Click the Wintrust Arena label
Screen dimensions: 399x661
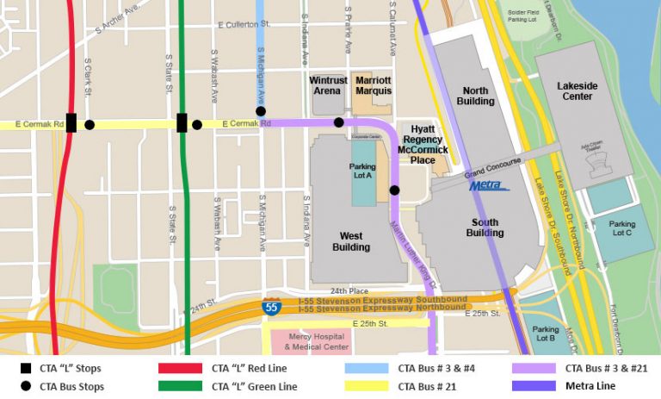pyautogui.click(x=328, y=85)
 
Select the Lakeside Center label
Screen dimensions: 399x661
pyautogui.click(x=576, y=90)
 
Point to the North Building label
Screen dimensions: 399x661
pyautogui.click(x=475, y=96)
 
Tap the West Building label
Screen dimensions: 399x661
pyautogui.click(x=350, y=241)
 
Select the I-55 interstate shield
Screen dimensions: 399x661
pyautogui.click(x=270, y=305)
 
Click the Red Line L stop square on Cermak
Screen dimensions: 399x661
pyautogui.click(x=71, y=123)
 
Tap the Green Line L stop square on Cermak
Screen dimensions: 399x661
pyautogui.click(x=182, y=123)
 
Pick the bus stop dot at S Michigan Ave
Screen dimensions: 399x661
pyautogui.click(x=261, y=110)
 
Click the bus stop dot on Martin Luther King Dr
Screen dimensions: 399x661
pyautogui.click(x=394, y=190)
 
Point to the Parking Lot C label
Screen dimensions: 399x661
pyautogui.click(x=622, y=228)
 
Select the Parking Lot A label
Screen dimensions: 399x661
pyautogui.click(x=362, y=171)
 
